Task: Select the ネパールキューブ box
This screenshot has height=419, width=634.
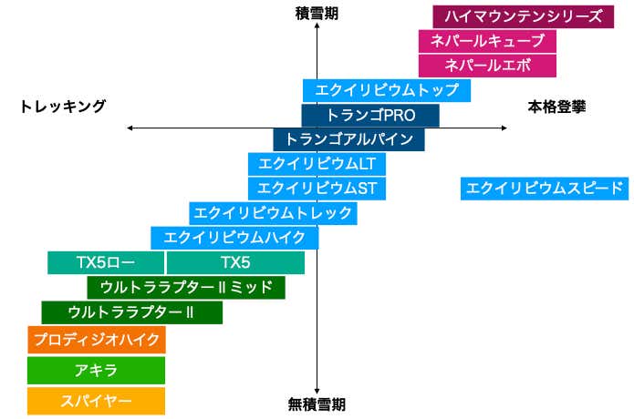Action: (487, 41)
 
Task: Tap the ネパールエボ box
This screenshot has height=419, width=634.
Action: (487, 66)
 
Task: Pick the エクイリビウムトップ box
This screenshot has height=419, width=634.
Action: (387, 90)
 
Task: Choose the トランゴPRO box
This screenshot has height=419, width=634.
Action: (370, 116)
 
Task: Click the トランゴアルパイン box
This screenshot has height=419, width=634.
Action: (349, 140)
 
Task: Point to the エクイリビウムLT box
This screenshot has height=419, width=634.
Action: (317, 164)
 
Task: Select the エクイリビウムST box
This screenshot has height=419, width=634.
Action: (317, 189)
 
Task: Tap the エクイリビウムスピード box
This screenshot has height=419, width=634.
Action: (545, 189)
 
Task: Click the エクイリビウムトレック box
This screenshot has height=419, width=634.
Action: (273, 213)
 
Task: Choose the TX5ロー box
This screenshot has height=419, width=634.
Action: (106, 263)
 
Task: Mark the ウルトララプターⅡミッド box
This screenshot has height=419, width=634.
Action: (186, 288)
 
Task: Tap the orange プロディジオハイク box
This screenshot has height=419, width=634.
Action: (96, 340)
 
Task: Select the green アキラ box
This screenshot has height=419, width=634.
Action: (96, 371)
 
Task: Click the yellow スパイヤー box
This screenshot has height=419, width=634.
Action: (96, 401)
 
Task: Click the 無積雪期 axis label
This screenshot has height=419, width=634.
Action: (317, 404)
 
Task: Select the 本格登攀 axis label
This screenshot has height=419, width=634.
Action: (556, 107)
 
